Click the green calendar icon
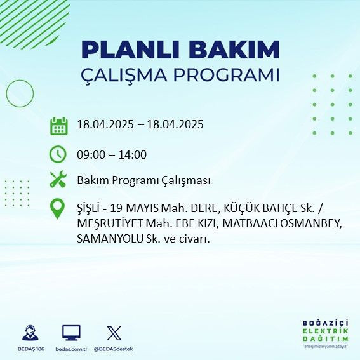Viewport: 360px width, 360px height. point(58,125)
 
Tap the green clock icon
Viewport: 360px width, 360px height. point(58,154)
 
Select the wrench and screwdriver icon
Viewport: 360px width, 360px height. point(58,180)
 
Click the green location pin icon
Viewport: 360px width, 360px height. point(58,208)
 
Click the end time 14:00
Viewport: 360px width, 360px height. point(134,155)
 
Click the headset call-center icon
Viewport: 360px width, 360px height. point(29,333)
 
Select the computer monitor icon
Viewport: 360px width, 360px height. point(71,333)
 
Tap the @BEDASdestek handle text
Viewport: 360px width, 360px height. point(114,349)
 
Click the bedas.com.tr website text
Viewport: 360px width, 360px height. point(71,349)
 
